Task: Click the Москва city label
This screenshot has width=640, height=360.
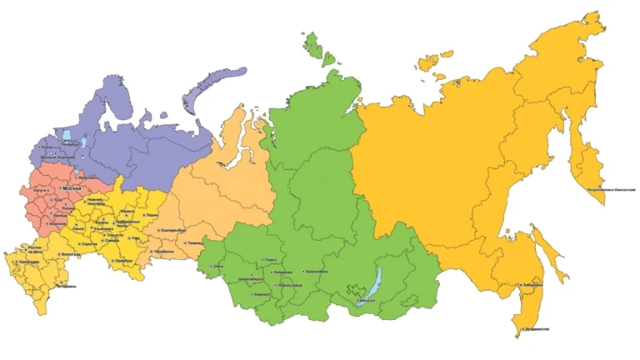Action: pyautogui.click(x=74, y=190)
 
